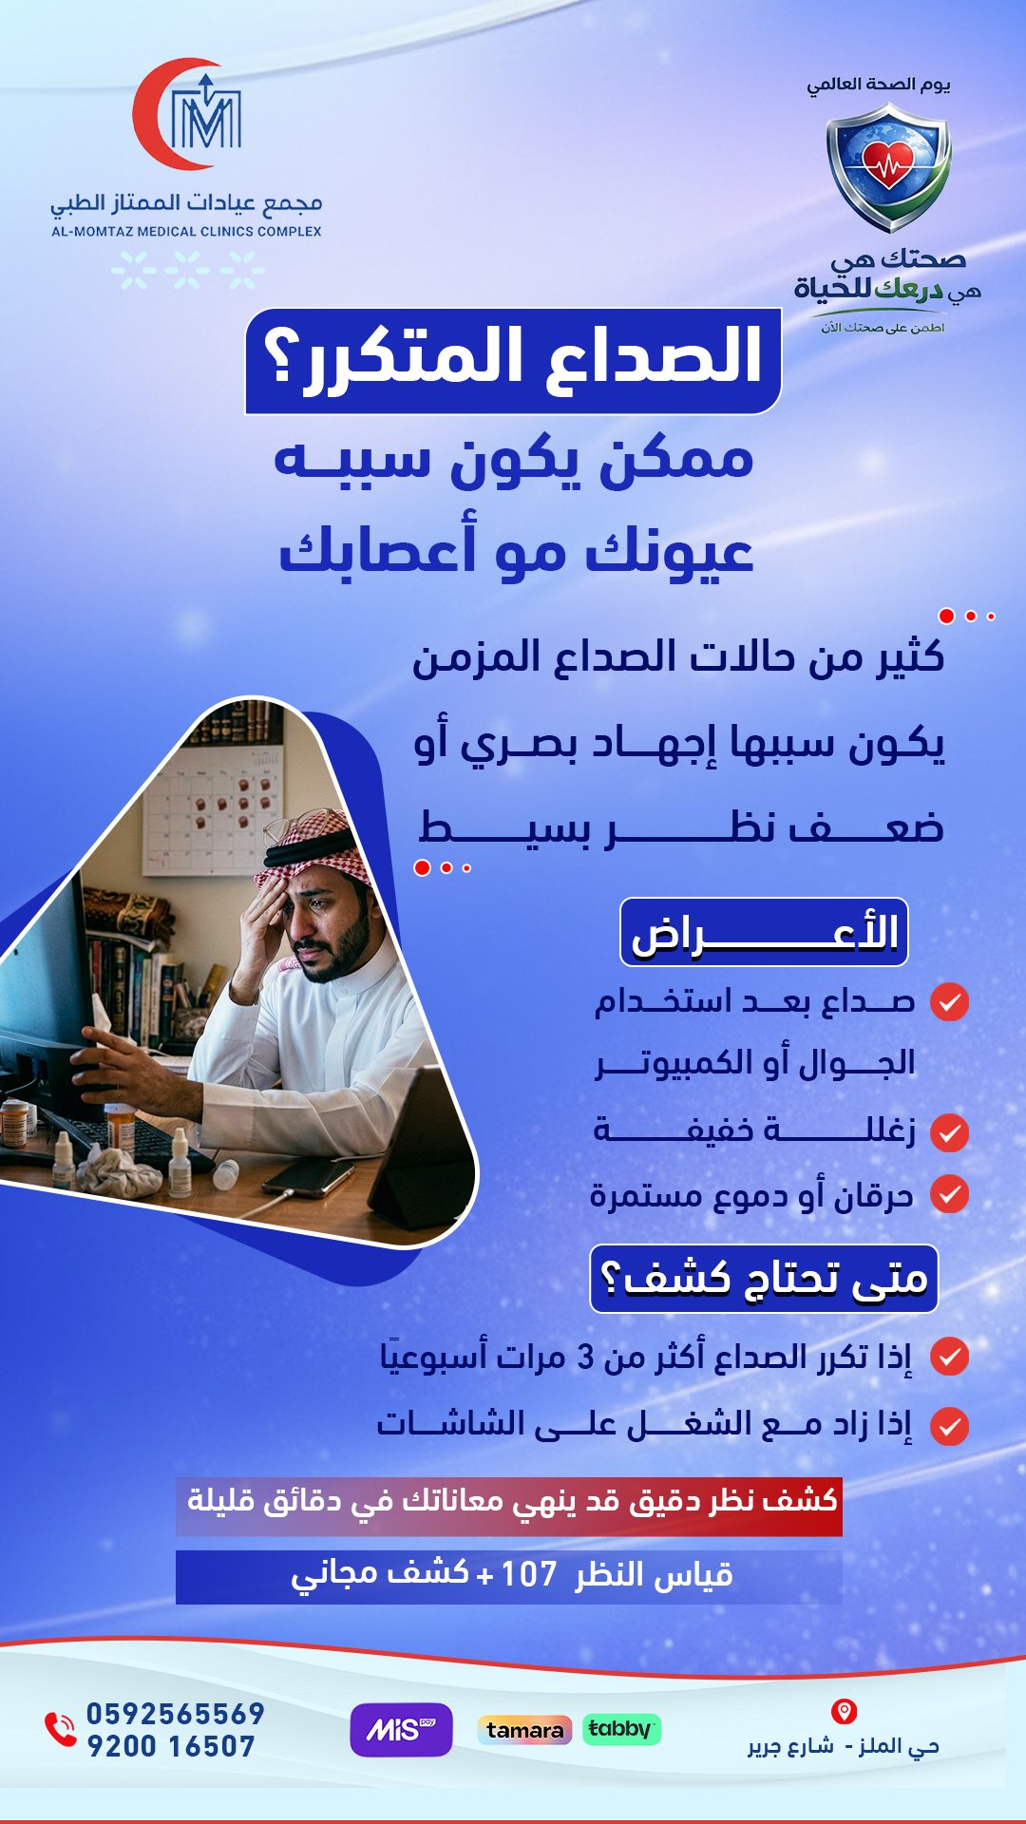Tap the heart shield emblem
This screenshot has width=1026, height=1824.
pyautogui.click(x=888, y=167)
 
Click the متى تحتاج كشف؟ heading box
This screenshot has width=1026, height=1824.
pyautogui.click(x=764, y=1279)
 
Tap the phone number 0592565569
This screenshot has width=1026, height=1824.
pyautogui.click(x=176, y=1714)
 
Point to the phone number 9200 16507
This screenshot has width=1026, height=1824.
pyautogui.click(x=171, y=1746)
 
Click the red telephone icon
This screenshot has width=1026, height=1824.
pyautogui.click(x=60, y=1729)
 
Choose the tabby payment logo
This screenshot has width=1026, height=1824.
pyautogui.click(x=619, y=1729)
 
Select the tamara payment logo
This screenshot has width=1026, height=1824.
pyautogui.click(x=524, y=1730)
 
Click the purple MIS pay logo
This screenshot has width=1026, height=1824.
pyautogui.click(x=401, y=1730)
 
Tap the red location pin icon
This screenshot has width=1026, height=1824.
pyautogui.click(x=844, y=1712)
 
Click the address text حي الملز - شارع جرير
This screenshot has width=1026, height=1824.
pyautogui.click(x=844, y=1746)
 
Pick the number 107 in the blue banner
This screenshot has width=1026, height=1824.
pyautogui.click(x=528, y=1574)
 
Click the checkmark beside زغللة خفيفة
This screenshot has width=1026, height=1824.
pyautogui.click(x=949, y=1132)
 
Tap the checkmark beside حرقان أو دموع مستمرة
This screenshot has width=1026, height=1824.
pyautogui.click(x=949, y=1194)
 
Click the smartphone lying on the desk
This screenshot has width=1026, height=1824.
pyautogui.click(x=308, y=1178)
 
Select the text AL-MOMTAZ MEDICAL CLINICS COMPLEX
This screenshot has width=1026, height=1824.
pyautogui.click(x=186, y=231)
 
